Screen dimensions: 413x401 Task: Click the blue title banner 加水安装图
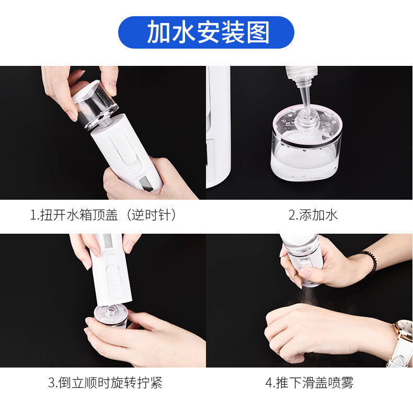pyautogui.click(x=206, y=32)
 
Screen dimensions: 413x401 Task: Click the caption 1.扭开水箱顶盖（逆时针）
pyautogui.click(x=103, y=215)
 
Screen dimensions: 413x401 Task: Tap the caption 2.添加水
pyautogui.click(x=313, y=215)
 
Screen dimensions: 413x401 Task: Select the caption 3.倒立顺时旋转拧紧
pyautogui.click(x=105, y=383)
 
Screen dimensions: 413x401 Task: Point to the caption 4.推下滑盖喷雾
pyautogui.click(x=309, y=383)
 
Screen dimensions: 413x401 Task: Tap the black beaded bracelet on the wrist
pyautogui.click(x=368, y=261)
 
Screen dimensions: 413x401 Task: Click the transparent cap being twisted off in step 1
pyautogui.click(x=95, y=103)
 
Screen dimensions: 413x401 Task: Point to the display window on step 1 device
pyautogui.click(x=146, y=183)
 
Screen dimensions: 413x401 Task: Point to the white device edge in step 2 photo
pyautogui.click(x=218, y=127)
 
